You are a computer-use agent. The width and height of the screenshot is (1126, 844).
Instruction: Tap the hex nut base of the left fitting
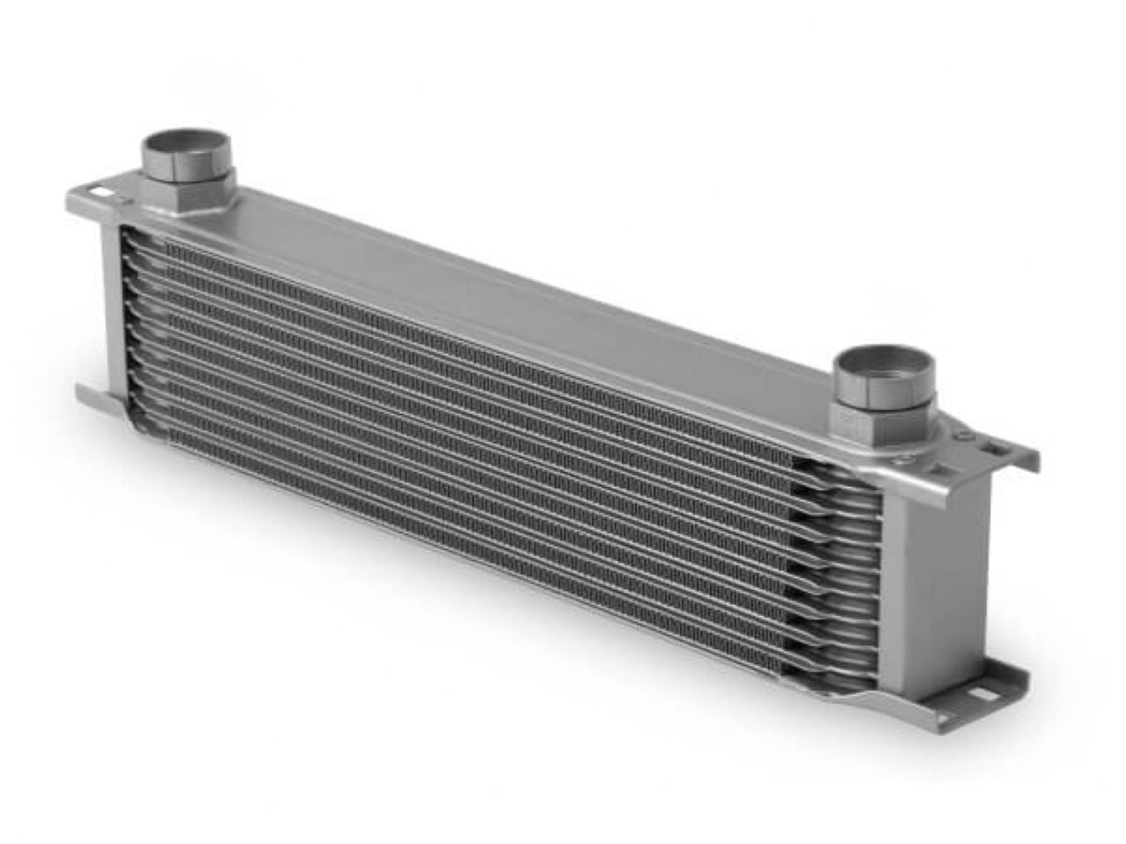tap(186, 194)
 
